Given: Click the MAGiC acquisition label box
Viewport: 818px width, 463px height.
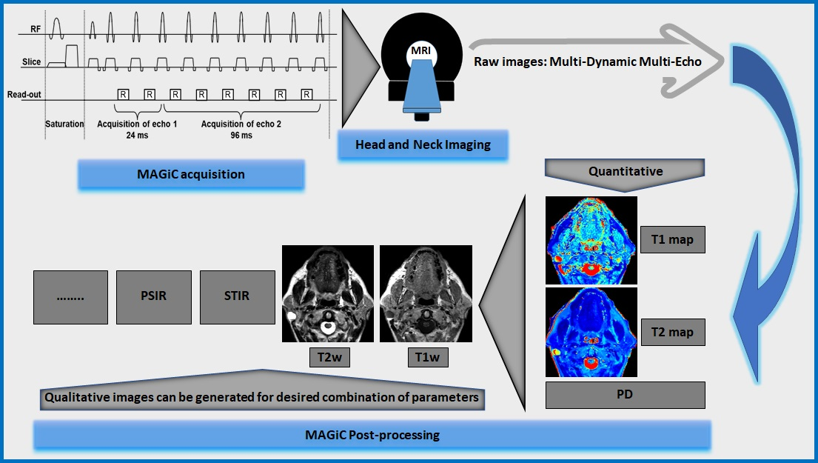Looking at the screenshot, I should click(x=191, y=175).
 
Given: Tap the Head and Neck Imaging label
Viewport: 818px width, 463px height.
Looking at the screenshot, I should click(x=423, y=144).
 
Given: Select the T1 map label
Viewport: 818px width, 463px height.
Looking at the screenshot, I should click(x=672, y=241).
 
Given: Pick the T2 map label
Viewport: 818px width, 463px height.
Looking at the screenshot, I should click(x=672, y=333).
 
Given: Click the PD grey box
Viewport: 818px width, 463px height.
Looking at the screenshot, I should click(x=625, y=395).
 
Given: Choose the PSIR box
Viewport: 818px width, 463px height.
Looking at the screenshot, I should click(x=154, y=296).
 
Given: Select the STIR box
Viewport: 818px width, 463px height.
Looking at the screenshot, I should click(x=237, y=296).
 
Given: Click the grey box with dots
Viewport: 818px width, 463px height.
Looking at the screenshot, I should click(x=70, y=296).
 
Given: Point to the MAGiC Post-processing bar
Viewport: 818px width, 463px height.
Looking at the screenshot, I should click(x=372, y=435).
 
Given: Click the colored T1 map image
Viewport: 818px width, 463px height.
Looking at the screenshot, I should click(x=591, y=240).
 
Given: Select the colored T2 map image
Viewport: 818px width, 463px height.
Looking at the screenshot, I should click(x=591, y=332).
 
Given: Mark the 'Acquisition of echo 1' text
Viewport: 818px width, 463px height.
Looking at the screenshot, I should click(x=127, y=124).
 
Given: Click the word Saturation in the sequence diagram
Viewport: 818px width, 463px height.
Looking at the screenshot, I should click(x=64, y=124).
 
